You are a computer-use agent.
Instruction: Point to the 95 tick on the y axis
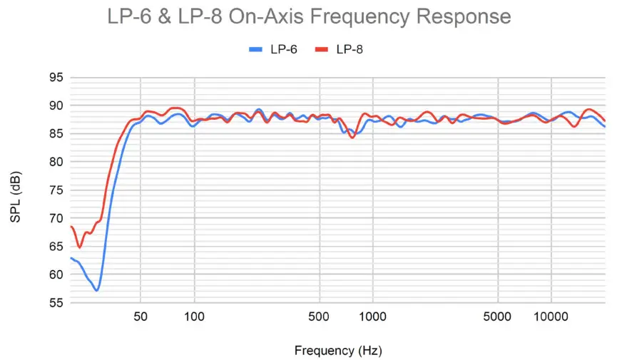pyautogui.click(x=56, y=78)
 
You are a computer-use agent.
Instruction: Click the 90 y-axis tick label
pyautogui.click(x=56, y=106)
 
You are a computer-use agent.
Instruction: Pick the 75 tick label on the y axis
pyautogui.click(x=56, y=190)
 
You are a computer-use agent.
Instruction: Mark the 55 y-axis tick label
pyautogui.click(x=56, y=303)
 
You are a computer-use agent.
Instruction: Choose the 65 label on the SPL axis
pyautogui.click(x=56, y=247)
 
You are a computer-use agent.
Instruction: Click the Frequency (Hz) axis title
pyautogui.click(x=337, y=350)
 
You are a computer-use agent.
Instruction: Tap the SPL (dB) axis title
pyautogui.click(x=16, y=190)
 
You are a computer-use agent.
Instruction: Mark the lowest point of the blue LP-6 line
pyautogui.click(x=96, y=290)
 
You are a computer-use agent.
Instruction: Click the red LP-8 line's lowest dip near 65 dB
pyautogui.click(x=80, y=247)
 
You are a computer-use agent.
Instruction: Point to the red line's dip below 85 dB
pyautogui.click(x=352, y=137)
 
